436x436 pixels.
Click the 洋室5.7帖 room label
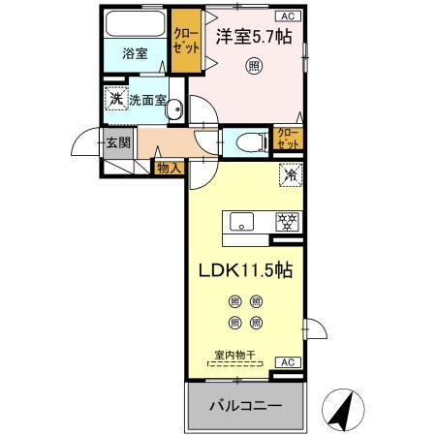[253, 37]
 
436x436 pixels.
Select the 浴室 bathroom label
[135, 54]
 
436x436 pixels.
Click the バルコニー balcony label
[246, 406]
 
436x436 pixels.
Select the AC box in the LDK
[287, 361]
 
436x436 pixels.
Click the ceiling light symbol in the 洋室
[252, 66]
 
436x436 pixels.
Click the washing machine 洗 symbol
[115, 99]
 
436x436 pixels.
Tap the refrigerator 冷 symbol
[288, 176]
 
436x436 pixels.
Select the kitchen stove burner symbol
[286, 220]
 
